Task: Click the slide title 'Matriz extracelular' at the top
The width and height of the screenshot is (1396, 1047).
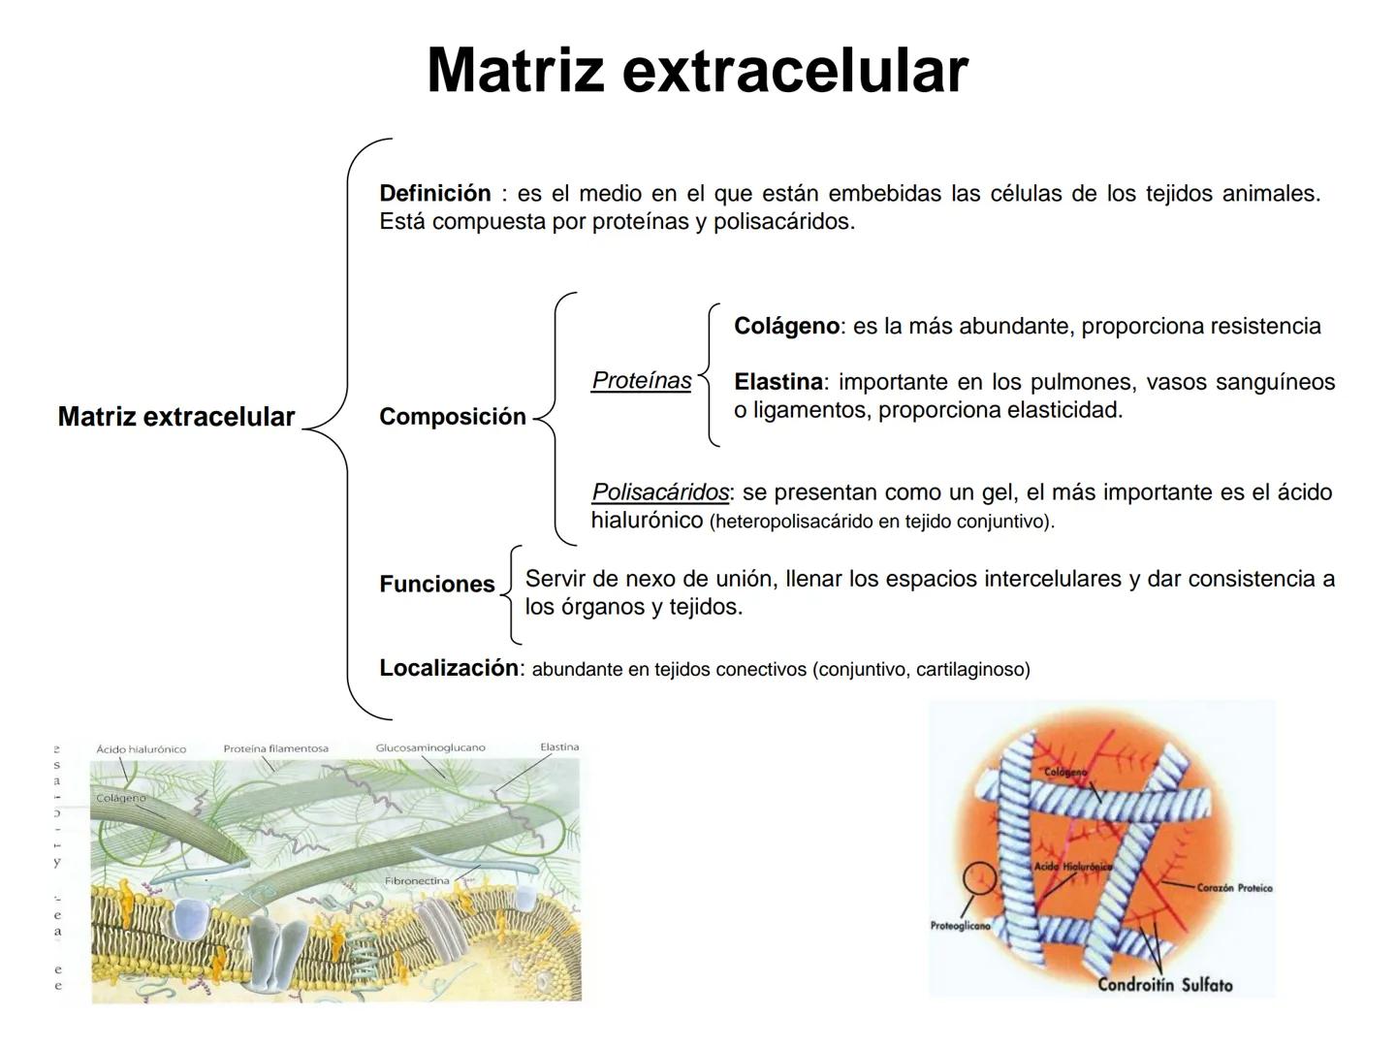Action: pos(697,70)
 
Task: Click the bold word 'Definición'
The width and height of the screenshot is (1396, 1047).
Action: pos(435,193)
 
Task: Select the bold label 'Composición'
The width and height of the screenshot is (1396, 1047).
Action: pos(453,417)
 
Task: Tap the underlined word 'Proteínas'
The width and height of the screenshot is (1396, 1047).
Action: pos(642,380)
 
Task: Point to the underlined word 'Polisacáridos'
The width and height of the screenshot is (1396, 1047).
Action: pos(660,492)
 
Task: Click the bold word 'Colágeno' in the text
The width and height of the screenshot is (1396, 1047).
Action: pos(786,326)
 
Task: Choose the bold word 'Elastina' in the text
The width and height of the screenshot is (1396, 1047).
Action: pos(777,382)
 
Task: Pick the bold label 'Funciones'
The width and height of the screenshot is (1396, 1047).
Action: pos(437,584)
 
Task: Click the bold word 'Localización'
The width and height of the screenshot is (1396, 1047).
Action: pos(449,668)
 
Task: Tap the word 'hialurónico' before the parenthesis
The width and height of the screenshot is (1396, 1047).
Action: pos(647,521)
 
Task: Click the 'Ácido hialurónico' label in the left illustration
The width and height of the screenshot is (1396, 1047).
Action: pos(142,749)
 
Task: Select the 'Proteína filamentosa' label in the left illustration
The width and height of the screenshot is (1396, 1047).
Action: pos(276,748)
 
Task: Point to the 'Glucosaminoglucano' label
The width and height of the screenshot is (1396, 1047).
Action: pos(430,747)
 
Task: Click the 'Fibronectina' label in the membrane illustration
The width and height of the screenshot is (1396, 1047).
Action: pos(417,881)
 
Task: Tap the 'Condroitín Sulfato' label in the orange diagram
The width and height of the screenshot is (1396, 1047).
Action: pos(1164,985)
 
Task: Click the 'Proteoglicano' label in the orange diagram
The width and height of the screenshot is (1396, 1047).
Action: pos(960,926)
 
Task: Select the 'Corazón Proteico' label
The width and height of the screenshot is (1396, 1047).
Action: pos(1234,887)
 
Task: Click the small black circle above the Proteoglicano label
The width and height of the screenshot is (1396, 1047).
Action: pos(980,878)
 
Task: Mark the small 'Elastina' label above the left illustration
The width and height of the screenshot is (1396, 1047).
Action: pos(559,746)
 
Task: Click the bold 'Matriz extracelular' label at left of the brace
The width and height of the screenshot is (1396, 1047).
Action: pos(176,417)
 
